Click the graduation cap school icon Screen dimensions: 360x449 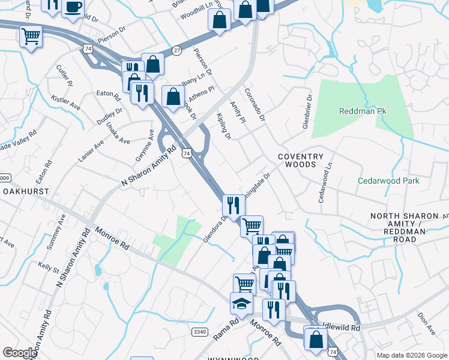pyautogui.click(x=241, y=304)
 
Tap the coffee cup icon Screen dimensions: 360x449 pyautogui.click(x=72, y=7)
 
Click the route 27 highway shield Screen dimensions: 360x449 pyautogui.click(x=176, y=50)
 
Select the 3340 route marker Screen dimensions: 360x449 pyautogui.click(x=199, y=331)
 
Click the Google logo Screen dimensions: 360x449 pyautogui.click(x=20, y=352)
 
